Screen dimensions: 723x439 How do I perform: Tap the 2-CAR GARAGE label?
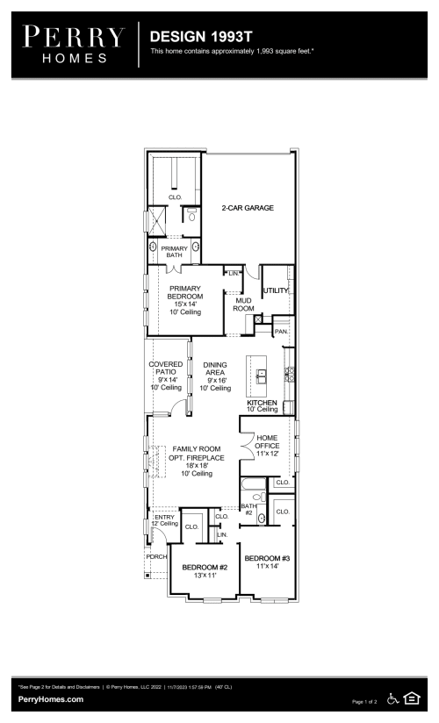(x=248, y=208)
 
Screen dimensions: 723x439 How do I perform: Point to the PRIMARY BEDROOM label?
(x=185, y=292)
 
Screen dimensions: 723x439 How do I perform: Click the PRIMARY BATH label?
(x=173, y=252)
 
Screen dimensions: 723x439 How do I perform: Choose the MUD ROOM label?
(x=243, y=304)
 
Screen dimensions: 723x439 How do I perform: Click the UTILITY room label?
(x=275, y=290)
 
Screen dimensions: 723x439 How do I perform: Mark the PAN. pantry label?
(x=281, y=333)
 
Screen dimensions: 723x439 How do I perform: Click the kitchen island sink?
(x=261, y=376)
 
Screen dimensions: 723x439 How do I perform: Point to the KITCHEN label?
(x=262, y=402)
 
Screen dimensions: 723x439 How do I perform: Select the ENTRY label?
(x=164, y=518)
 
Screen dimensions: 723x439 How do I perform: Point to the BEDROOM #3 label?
(x=266, y=559)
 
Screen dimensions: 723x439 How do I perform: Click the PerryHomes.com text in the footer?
(x=51, y=699)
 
